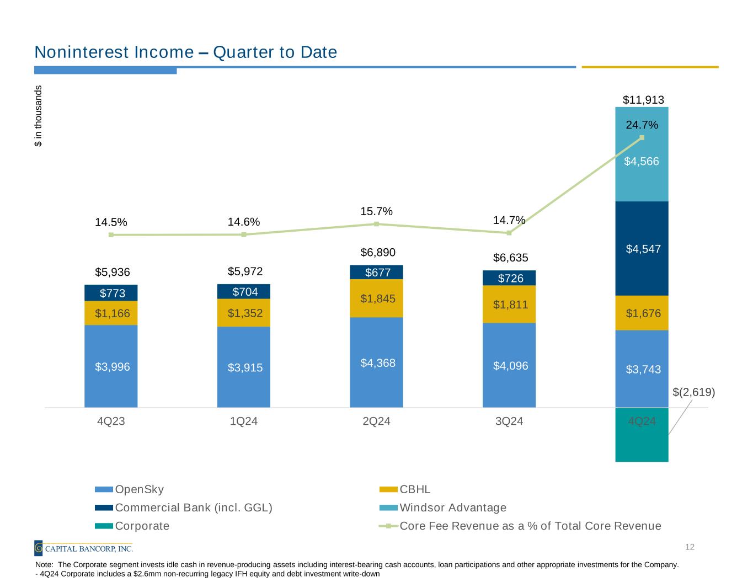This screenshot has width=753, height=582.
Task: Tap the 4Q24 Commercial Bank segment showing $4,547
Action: [x=642, y=248]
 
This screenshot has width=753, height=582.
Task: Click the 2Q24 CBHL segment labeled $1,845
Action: [x=376, y=298]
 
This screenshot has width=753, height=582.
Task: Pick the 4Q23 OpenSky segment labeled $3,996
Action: [x=111, y=366]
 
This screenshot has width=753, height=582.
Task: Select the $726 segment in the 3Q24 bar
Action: [x=509, y=278]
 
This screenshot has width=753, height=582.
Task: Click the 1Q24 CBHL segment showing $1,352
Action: [x=243, y=313]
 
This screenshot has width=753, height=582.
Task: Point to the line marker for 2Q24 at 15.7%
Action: [x=376, y=224]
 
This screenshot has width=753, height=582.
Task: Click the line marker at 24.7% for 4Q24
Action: [x=642, y=137]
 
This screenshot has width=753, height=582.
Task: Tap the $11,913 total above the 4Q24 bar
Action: [x=643, y=100]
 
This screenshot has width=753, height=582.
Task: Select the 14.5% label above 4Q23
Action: [x=111, y=222]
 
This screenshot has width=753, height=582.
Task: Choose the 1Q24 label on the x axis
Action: [x=243, y=421]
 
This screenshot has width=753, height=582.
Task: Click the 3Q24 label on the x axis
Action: [x=509, y=421]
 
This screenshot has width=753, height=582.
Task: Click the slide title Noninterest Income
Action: [x=185, y=52]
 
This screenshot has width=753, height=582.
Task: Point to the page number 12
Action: [x=690, y=547]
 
